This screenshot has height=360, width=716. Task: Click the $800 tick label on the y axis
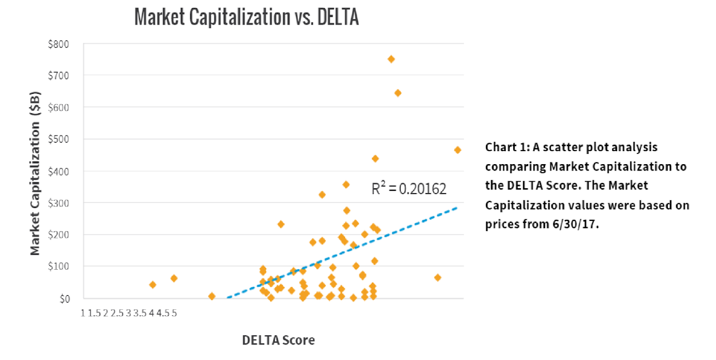click(59, 44)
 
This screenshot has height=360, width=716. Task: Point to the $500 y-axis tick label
click(59, 139)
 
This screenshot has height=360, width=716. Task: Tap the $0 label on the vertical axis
click(65, 299)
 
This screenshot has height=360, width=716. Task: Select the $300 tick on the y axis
click(59, 203)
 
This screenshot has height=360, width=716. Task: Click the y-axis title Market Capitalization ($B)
click(35, 173)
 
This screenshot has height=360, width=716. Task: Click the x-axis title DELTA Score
click(278, 340)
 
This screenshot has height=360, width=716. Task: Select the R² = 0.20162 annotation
click(409, 189)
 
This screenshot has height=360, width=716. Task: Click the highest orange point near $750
click(391, 59)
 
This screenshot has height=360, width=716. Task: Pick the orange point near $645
click(398, 93)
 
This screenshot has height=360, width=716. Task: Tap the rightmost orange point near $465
click(457, 150)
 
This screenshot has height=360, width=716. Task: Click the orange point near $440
click(375, 159)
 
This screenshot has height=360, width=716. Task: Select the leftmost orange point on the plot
click(153, 285)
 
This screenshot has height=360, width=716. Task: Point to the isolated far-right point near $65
click(438, 278)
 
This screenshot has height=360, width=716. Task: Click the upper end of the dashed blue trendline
click(456, 208)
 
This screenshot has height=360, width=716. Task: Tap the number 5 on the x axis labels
click(174, 313)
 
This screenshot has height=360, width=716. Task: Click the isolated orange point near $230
click(281, 224)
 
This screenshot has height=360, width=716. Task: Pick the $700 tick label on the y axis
click(59, 76)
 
